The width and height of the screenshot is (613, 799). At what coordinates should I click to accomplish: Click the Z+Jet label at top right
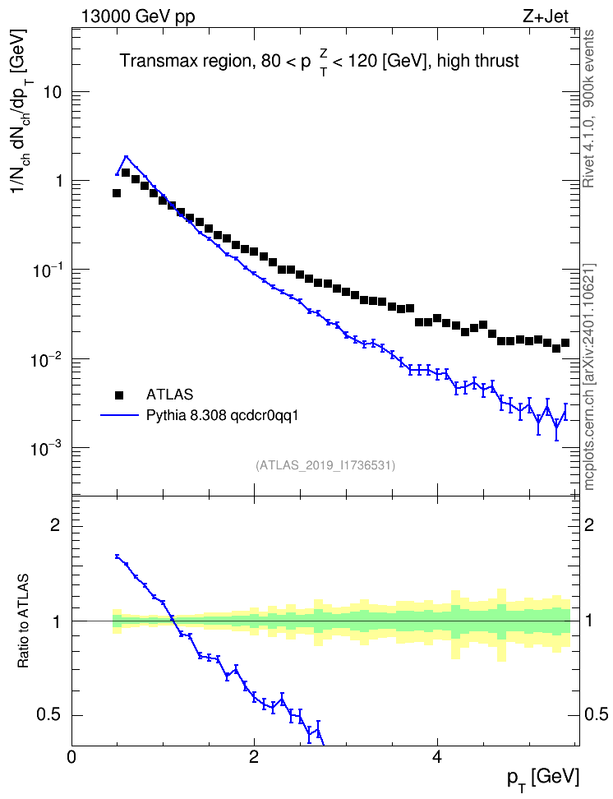tap(546, 16)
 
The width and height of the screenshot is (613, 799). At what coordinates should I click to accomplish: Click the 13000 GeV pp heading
tap(138, 17)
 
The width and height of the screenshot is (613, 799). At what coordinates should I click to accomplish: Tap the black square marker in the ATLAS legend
tap(119, 395)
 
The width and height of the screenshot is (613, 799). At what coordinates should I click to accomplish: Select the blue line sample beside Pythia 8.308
tap(119, 415)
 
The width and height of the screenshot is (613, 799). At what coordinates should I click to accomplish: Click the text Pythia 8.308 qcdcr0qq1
tap(222, 416)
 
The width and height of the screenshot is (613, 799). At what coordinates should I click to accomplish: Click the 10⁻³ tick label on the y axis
tap(45, 448)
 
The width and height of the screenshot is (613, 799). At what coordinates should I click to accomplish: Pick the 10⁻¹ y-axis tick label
tap(45, 270)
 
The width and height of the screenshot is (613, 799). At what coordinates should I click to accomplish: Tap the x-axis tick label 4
tap(437, 756)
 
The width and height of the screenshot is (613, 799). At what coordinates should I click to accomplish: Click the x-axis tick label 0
tap(71, 756)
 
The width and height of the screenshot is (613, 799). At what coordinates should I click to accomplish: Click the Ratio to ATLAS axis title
tap(23, 621)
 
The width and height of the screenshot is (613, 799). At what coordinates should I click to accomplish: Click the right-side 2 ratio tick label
tap(589, 525)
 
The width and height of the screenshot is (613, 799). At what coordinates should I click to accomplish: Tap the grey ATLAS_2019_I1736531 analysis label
tap(325, 465)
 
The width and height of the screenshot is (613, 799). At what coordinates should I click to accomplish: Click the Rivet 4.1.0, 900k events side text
tap(588, 109)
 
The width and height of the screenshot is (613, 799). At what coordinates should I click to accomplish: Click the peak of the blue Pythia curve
tap(127, 156)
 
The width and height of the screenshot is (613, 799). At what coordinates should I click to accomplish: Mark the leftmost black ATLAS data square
tap(117, 193)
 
